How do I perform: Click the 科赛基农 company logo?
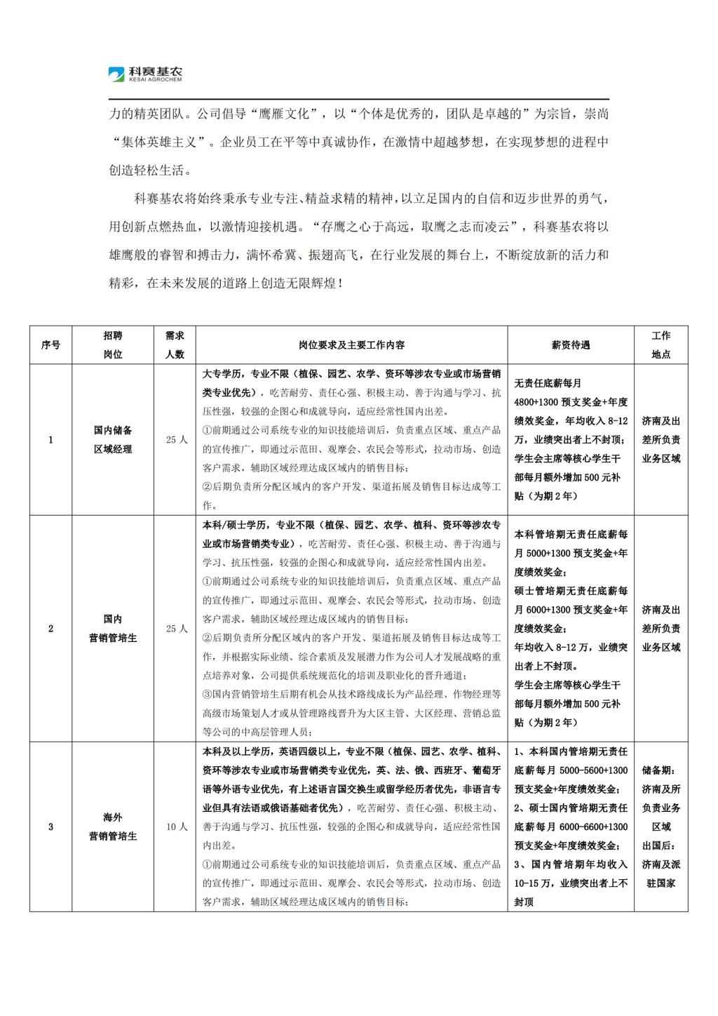145,74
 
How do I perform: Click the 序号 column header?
50,345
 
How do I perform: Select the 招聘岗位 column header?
113,345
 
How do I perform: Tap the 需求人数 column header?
175,345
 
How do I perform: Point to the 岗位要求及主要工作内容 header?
351,345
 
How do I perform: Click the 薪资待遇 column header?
571,345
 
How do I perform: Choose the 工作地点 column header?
661,345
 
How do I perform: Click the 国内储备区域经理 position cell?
113,439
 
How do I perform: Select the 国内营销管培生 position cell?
113,629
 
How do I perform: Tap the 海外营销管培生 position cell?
113,827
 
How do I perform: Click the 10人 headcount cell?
177,827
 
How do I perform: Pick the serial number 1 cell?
50,440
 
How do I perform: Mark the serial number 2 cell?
50,629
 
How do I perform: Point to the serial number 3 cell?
50,827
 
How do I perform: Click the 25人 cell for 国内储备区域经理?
177,440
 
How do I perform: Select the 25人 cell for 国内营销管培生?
177,629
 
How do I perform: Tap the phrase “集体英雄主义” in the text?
162,142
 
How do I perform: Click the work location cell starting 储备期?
661,827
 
